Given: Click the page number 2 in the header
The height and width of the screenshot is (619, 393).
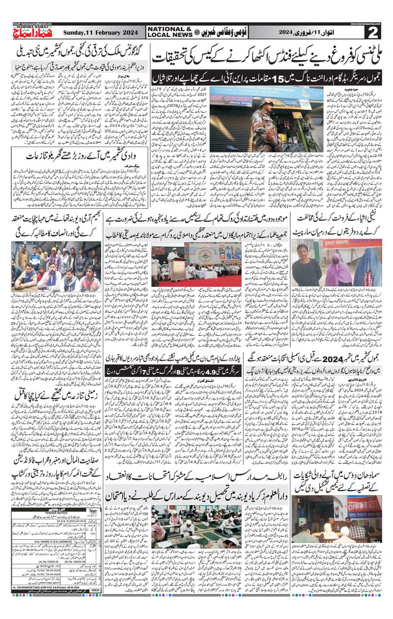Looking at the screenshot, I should (x=374, y=33).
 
